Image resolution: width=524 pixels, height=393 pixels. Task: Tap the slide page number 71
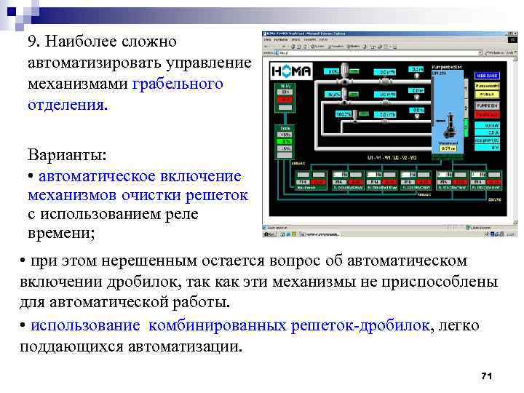coord(488,376)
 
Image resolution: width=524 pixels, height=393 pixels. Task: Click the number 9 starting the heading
coord(31,41)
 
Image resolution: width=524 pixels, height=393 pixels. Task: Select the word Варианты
coord(66,156)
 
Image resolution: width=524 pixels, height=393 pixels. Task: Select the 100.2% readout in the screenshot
coord(343,114)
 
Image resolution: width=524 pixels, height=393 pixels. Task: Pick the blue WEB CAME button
coord(487,76)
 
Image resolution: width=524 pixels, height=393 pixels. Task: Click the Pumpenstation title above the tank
coord(448,66)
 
